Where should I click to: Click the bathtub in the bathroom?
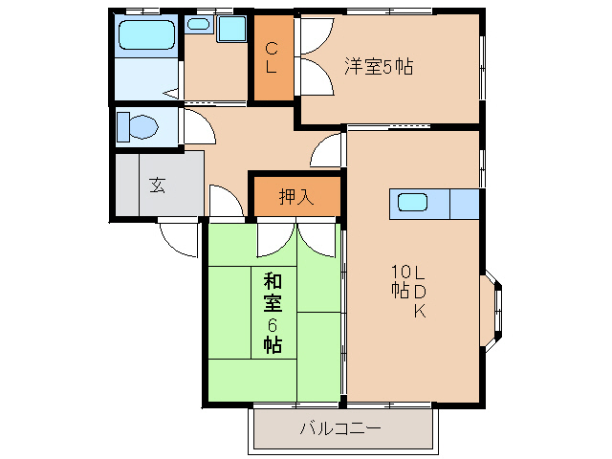click(146, 36)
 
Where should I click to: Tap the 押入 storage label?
click(295, 198)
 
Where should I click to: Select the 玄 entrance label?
click(156, 185)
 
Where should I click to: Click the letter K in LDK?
click(419, 312)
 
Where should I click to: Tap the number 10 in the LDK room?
click(399, 271)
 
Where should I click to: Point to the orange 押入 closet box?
click(295, 197)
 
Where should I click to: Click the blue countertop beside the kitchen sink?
click(463, 204)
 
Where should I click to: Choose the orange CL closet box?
click(272, 58)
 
